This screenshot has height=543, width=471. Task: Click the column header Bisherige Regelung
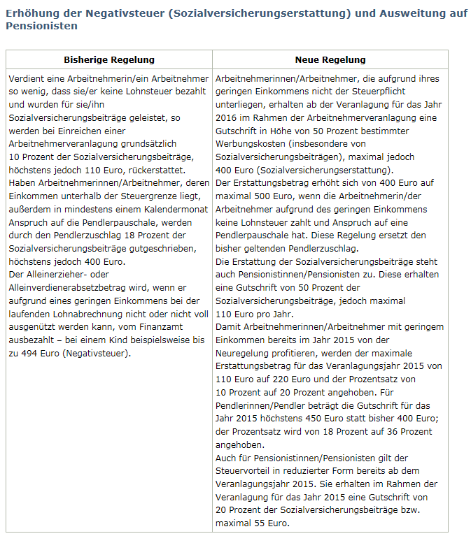109,60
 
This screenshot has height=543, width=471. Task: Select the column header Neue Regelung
330,60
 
